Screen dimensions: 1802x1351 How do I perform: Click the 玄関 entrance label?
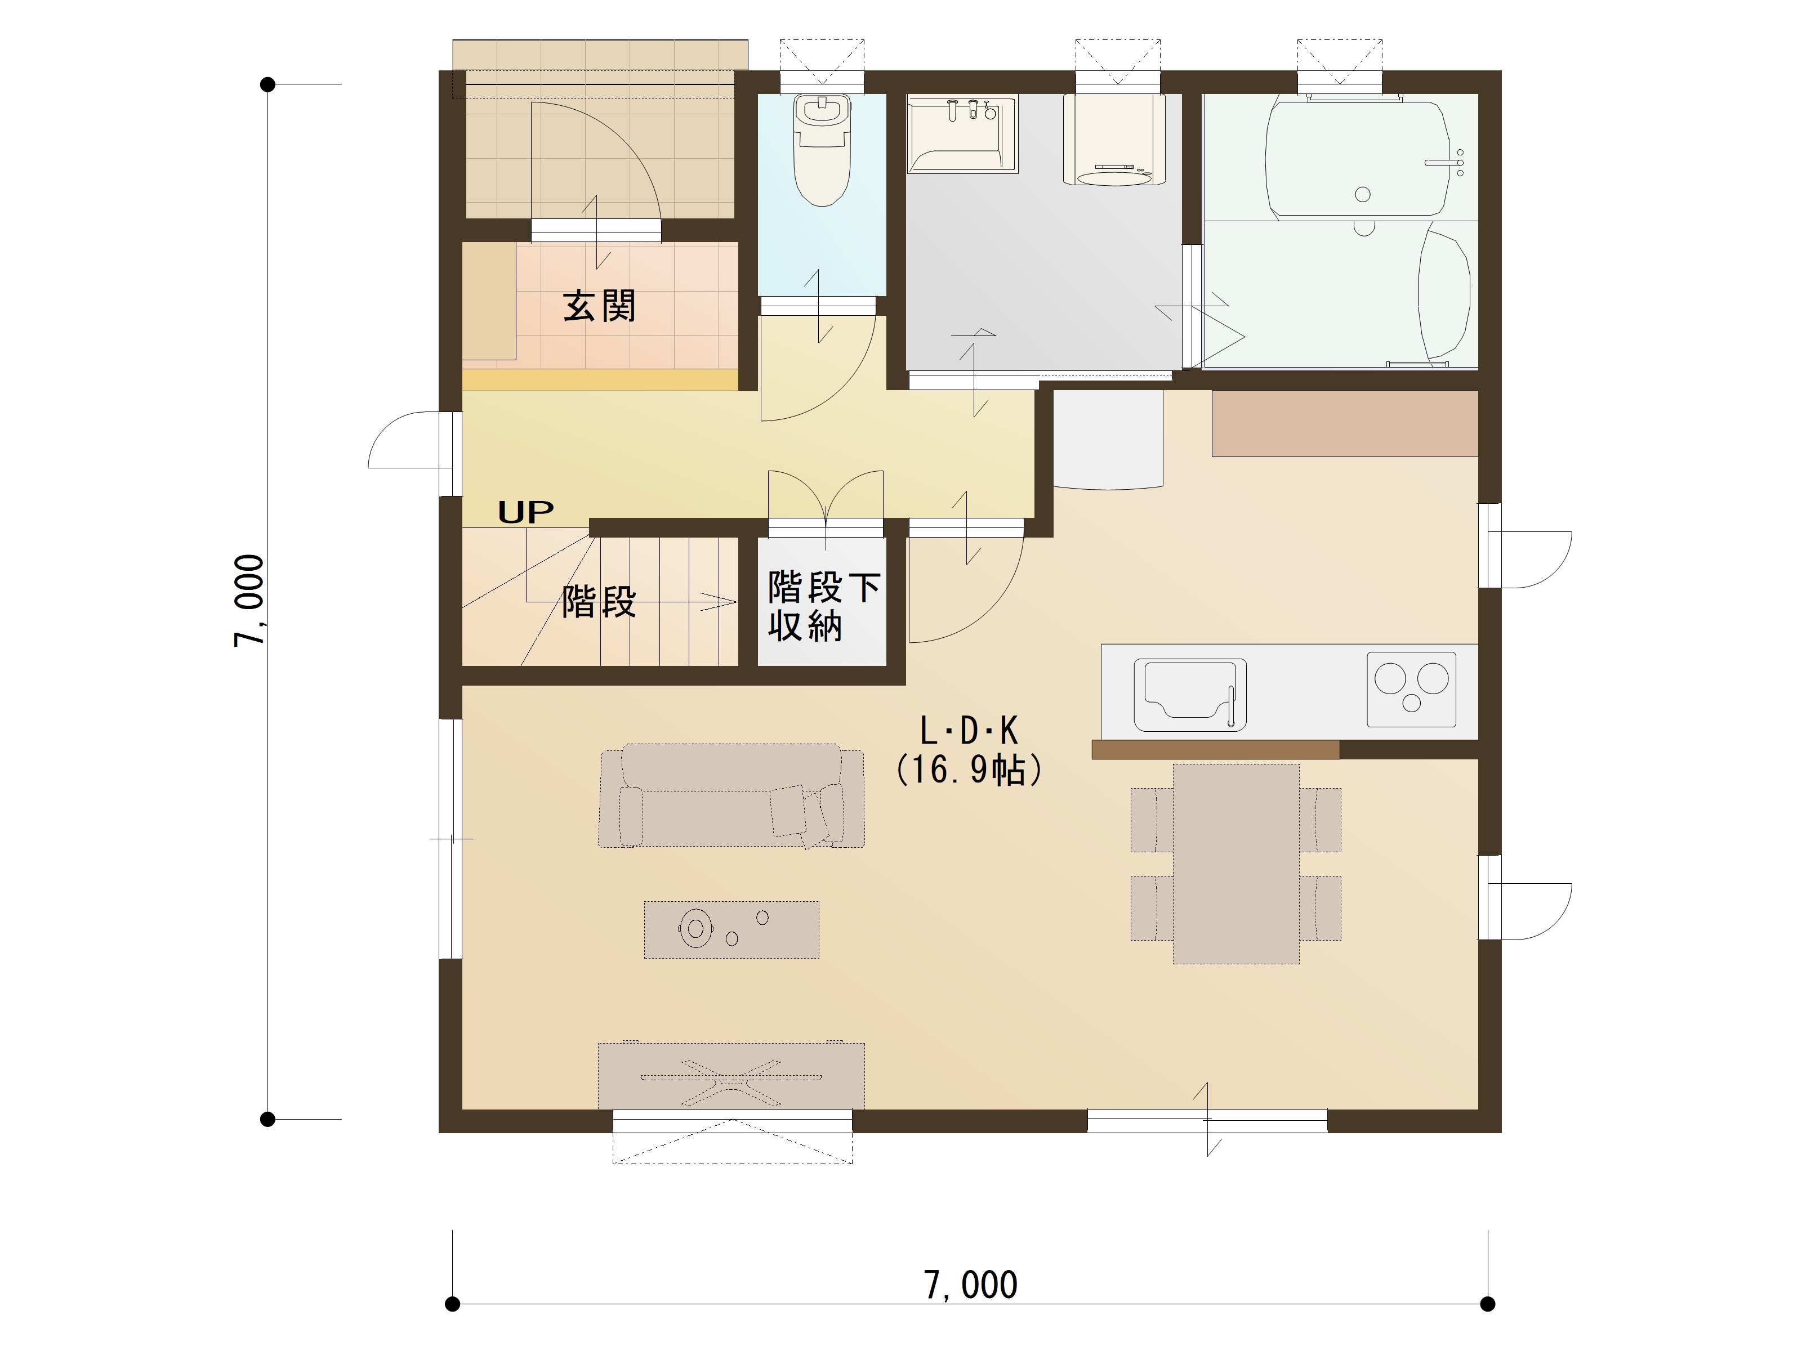[599, 306]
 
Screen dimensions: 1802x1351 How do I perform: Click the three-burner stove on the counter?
[1411, 689]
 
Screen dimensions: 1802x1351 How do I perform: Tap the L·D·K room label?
[969, 731]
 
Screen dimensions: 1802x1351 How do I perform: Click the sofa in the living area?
[731, 795]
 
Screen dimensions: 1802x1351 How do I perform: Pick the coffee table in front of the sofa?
[731, 929]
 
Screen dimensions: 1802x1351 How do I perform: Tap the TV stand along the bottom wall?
[731, 1076]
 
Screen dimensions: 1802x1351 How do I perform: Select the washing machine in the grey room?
[1114, 140]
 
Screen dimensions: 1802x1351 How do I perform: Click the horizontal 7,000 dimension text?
[970, 1285]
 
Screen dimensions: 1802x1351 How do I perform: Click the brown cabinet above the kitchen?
[1344, 423]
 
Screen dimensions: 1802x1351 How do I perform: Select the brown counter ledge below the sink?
[1215, 750]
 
